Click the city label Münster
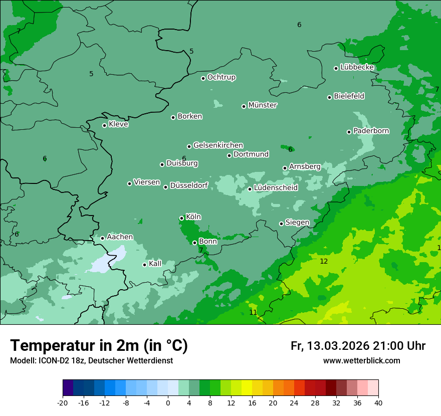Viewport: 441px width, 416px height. coord(263,105)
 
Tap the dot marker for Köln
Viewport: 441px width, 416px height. coord(181,218)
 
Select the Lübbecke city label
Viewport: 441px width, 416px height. coord(357,67)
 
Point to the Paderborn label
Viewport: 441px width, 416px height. coord(371,131)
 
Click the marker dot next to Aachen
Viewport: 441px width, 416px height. coord(102,238)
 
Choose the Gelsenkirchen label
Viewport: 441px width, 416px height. coord(218,145)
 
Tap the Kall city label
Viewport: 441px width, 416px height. coord(155,264)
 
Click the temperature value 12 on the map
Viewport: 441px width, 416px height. coord(324,261)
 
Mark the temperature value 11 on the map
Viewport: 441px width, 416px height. coord(253,312)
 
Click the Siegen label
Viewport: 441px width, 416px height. coord(297,223)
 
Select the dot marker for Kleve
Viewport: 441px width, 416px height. coord(104,125)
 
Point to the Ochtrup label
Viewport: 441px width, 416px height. coord(221,77)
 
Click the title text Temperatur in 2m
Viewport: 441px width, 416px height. coord(99,345)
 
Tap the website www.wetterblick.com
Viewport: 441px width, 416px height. coord(361,361)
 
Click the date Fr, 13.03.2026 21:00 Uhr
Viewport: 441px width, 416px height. coord(358,346)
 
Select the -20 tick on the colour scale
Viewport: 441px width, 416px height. coord(63,402)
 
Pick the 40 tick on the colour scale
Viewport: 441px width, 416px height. coord(378,402)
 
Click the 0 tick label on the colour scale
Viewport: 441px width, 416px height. coord(168,402)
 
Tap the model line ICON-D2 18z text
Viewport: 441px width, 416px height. coord(91,361)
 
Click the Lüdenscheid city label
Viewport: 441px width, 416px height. coord(276,188)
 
